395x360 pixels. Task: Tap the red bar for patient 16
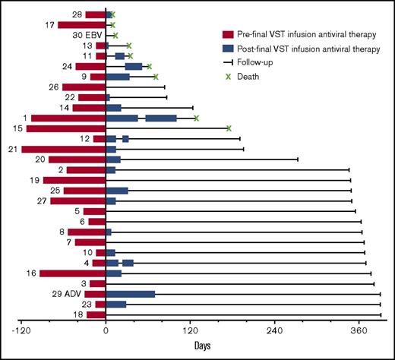[72, 273]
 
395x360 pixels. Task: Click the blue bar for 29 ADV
[130, 293]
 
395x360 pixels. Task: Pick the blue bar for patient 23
[115, 304]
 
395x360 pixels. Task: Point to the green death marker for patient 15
[229, 128]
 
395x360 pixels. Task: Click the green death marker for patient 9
[156, 77]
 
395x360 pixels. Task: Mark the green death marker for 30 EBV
[115, 35]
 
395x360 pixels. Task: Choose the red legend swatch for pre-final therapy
[229, 34]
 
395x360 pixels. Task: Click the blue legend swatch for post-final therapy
[229, 49]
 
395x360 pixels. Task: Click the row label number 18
[79, 314]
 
